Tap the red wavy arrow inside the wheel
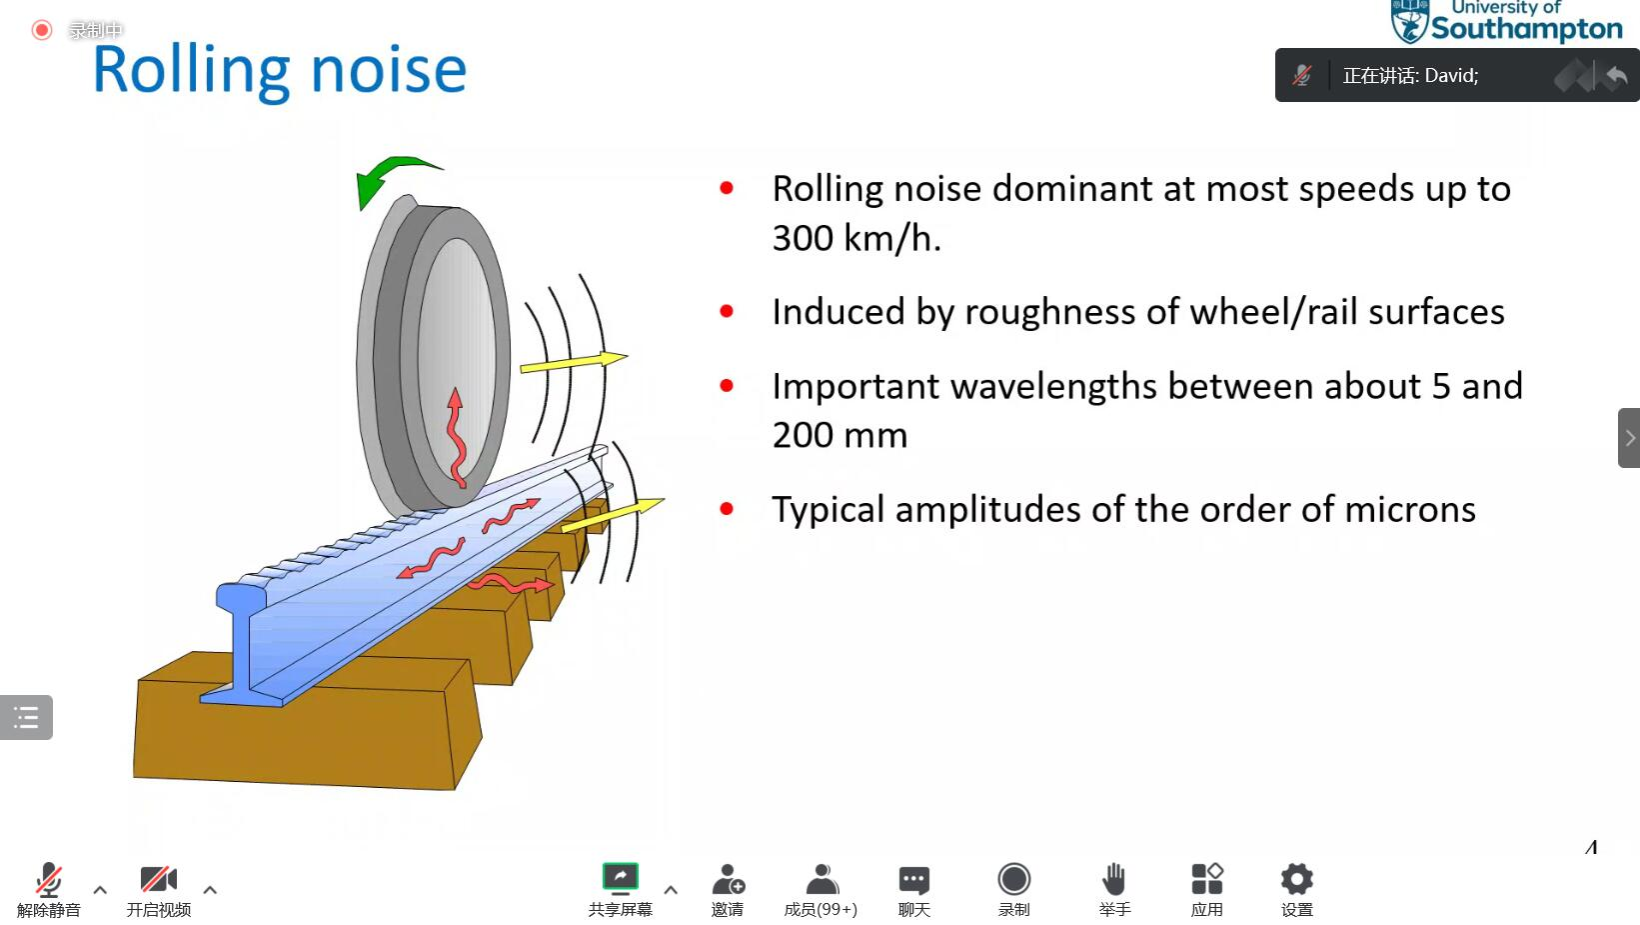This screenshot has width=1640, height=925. [x=457, y=438]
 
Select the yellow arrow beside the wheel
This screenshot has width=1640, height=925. [x=574, y=362]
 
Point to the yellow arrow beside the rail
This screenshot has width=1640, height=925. [x=613, y=514]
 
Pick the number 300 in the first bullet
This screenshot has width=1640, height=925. [x=802, y=239]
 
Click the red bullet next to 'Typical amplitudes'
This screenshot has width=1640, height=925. [x=727, y=509]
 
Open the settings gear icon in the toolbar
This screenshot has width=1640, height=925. [x=1296, y=879]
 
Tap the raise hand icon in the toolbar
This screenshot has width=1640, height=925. [x=1114, y=879]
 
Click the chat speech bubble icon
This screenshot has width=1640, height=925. [x=913, y=880]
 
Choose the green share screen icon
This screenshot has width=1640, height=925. [x=621, y=877]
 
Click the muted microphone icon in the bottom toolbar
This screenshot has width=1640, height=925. [x=48, y=879]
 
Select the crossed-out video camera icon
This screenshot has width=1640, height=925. [x=158, y=879]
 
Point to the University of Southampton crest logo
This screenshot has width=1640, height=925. [x=1409, y=21]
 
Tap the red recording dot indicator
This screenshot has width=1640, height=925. [x=42, y=30]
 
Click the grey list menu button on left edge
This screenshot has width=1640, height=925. [x=26, y=717]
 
